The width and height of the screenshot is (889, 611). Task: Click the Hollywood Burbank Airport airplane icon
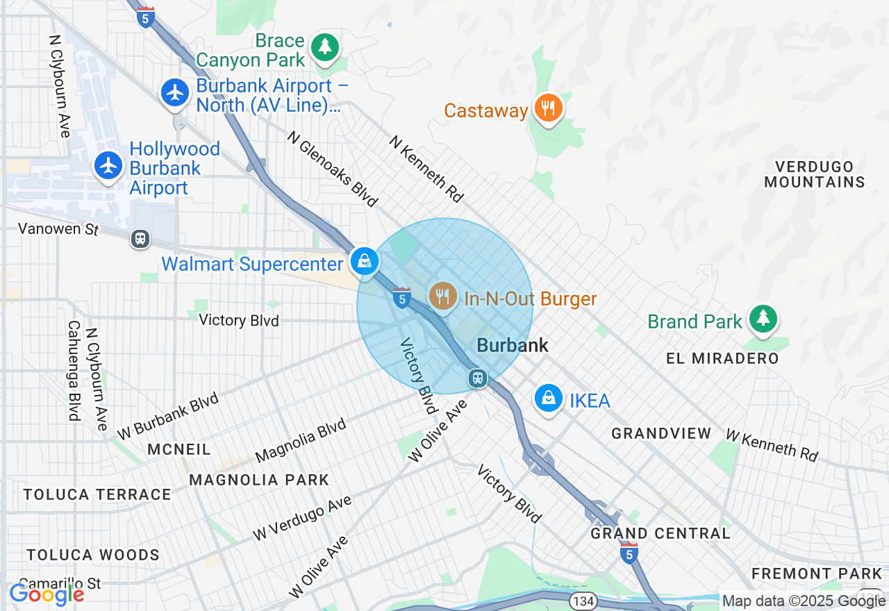108,165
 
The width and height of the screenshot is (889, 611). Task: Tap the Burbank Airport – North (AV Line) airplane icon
175,92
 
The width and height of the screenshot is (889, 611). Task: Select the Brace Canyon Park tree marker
324,48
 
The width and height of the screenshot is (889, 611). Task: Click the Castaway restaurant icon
548,108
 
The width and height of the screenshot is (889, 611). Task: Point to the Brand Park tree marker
763,319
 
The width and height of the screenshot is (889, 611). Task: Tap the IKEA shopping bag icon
549,399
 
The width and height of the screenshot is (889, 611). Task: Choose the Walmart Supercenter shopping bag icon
363,262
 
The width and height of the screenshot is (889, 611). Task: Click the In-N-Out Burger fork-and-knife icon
442,296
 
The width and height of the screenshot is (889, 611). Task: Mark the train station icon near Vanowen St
140,239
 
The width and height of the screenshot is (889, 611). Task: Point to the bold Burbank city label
513,345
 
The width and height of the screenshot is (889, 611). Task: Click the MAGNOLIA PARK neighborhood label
259,480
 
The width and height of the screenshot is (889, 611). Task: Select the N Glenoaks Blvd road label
333,169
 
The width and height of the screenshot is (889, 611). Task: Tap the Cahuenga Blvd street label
74,371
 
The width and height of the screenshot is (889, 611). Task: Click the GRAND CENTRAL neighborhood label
660,533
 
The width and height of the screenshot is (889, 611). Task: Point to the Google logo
47,594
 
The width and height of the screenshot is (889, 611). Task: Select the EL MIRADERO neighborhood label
722,358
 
